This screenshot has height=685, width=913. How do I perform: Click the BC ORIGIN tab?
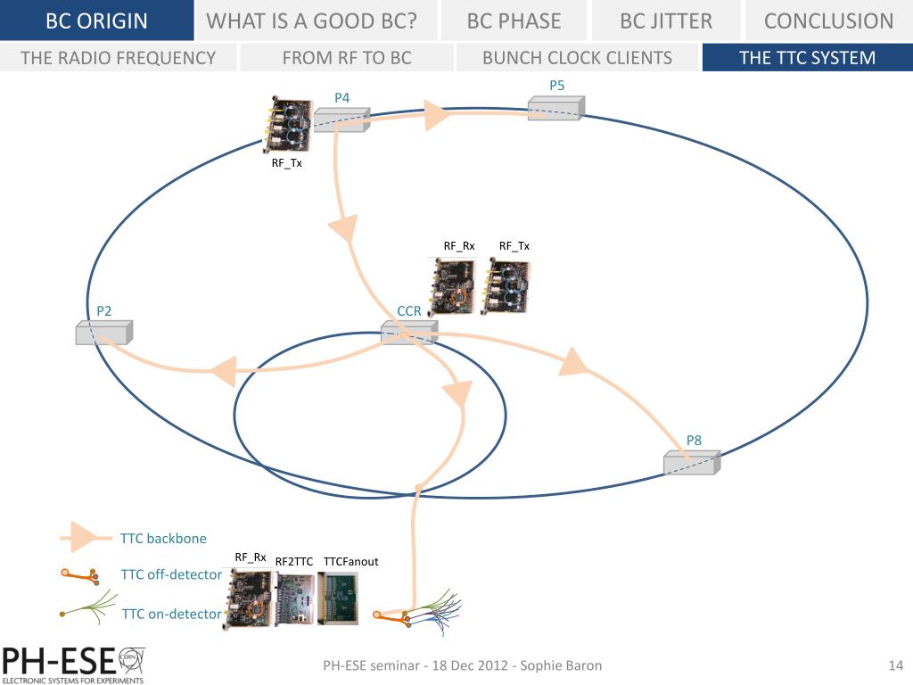[x=96, y=21]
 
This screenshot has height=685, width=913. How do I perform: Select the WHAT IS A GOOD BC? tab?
[x=312, y=21]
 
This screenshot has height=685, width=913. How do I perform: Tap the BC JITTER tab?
[x=665, y=21]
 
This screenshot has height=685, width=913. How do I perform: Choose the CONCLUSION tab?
[x=828, y=21]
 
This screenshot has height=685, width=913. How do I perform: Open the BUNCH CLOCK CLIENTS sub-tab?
[x=577, y=58]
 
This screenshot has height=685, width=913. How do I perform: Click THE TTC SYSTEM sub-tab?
[x=807, y=58]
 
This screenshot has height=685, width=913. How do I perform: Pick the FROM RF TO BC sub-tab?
[x=347, y=58]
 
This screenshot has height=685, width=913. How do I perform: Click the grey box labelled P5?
[x=555, y=108]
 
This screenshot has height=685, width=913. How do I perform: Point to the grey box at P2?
[x=103, y=333]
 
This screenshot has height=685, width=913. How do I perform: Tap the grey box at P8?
[x=691, y=463]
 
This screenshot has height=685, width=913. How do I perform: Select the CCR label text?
[x=409, y=311]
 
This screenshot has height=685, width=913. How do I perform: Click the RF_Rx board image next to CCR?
[x=453, y=285]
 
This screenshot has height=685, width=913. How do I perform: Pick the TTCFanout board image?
[x=339, y=598]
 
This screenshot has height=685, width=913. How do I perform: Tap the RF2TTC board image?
[x=294, y=598]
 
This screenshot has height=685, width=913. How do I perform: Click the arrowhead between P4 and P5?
[x=437, y=114]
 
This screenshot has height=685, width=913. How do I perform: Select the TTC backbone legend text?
[x=163, y=539]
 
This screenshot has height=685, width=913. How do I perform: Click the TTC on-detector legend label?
[x=170, y=614]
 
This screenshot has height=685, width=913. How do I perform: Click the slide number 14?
[x=896, y=665]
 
